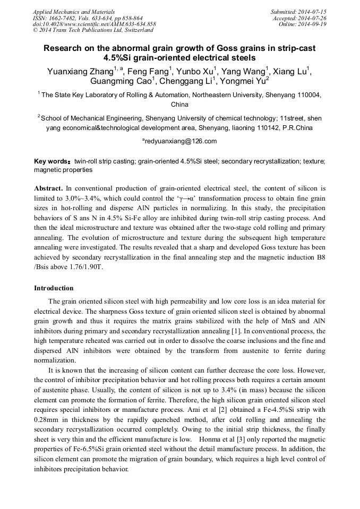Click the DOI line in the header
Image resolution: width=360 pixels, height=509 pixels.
(95, 24)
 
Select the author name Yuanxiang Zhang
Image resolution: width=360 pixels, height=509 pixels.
(80, 71)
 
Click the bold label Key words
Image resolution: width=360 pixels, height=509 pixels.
(52, 161)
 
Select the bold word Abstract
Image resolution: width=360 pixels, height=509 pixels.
(48, 188)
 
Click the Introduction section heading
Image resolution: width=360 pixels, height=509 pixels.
(54, 288)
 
